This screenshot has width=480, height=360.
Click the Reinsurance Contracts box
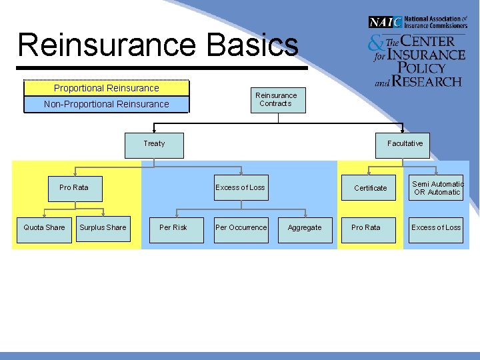click(x=276, y=99)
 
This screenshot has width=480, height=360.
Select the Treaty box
click(x=154, y=144)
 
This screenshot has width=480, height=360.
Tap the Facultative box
click(x=405, y=144)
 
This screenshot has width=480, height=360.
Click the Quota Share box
click(x=45, y=228)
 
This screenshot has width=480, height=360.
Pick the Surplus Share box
click(x=103, y=228)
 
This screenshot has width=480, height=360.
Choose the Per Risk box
click(x=173, y=228)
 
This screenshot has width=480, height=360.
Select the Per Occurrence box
click(x=241, y=228)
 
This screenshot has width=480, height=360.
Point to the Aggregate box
click(x=305, y=228)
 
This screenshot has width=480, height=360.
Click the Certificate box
click(x=370, y=188)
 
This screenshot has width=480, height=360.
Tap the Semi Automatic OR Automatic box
click(x=437, y=188)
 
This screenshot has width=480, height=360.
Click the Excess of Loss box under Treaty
click(x=240, y=188)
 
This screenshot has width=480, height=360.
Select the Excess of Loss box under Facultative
click(x=436, y=228)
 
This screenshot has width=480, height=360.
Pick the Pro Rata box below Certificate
click(x=366, y=228)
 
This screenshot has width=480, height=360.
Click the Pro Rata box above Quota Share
click(x=74, y=188)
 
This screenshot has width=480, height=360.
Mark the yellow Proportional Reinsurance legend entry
click(x=107, y=88)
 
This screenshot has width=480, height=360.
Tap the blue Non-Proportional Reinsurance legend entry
click(x=107, y=104)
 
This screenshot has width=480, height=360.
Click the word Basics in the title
click(x=253, y=45)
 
